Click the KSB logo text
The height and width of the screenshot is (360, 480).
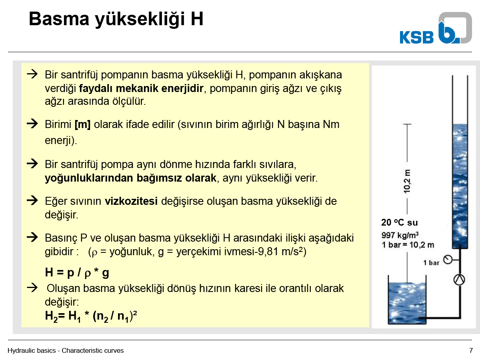pyautogui.click(x=416, y=37)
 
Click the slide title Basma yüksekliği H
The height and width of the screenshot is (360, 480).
pyautogui.click(x=116, y=19)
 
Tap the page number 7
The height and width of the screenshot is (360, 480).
pyautogui.click(x=471, y=350)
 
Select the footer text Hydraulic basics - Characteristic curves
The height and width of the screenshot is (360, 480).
pyautogui.click(x=66, y=350)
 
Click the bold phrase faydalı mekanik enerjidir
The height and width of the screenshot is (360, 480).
pyautogui.click(x=141, y=88)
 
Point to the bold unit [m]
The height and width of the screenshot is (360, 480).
pyautogui.click(x=82, y=124)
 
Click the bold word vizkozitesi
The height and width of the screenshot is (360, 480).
pyautogui.click(x=131, y=201)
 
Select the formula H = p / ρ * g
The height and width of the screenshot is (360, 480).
pyautogui.click(x=77, y=272)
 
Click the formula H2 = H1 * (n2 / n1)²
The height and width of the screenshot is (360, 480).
pyautogui.click(x=91, y=316)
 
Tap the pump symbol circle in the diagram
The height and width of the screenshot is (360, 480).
pyautogui.click(x=459, y=280)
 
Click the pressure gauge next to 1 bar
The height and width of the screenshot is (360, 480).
pyautogui.click(x=448, y=260)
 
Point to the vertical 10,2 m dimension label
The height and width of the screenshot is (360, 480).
pyautogui.click(x=407, y=182)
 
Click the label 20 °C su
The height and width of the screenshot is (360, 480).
pyautogui.click(x=399, y=222)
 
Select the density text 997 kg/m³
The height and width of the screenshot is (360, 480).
pyautogui.click(x=400, y=235)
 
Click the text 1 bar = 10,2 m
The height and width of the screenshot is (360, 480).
pyautogui.click(x=408, y=245)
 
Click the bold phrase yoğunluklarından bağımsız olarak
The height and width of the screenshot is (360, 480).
pyautogui.click(x=130, y=178)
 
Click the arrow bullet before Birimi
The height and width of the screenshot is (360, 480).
pyautogui.click(x=32, y=124)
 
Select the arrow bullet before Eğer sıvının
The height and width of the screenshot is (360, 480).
pyautogui.click(x=32, y=200)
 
